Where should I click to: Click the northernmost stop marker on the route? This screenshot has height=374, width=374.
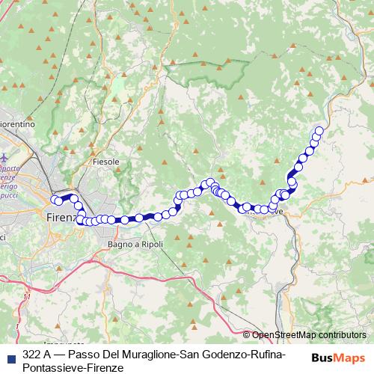tap(319, 132)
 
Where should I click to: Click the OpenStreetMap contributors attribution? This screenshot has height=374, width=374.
tap(308, 335)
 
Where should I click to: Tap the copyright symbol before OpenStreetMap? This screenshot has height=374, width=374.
tap(247, 335)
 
